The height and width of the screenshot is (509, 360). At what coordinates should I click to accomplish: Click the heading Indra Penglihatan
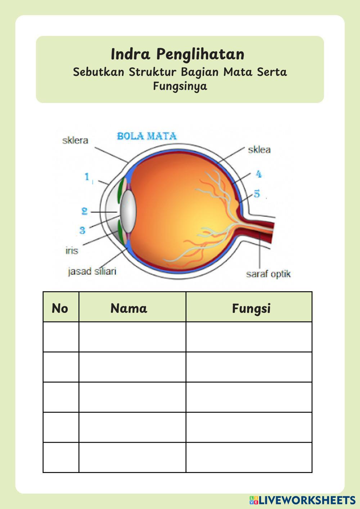[177, 54]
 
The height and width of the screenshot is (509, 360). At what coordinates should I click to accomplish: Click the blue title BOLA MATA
[147, 136]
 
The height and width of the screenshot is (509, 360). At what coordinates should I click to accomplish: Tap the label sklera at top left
[75, 140]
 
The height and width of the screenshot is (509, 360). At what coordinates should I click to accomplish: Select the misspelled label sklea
[259, 150]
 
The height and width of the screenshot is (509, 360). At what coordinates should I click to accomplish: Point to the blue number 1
[87, 177]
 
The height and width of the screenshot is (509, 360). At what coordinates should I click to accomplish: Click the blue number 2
[84, 211]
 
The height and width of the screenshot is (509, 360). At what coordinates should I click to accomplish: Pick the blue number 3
[82, 230]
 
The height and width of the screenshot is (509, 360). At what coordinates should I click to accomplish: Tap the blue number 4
[258, 174]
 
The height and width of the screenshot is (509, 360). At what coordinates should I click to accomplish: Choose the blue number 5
[257, 194]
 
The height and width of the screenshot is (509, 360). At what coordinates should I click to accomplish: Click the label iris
[72, 250]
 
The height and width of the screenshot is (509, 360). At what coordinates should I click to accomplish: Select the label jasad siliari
[92, 271]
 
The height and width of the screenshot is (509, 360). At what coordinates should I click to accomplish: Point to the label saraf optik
[268, 274]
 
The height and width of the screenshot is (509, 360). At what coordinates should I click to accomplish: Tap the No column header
[60, 308]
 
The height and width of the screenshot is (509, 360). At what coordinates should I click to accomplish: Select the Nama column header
[129, 308]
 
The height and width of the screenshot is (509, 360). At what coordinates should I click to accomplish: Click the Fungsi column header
[251, 308]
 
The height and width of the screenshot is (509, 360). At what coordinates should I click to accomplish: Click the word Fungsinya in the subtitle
[180, 86]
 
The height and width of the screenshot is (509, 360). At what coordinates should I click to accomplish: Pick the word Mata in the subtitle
[238, 72]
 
